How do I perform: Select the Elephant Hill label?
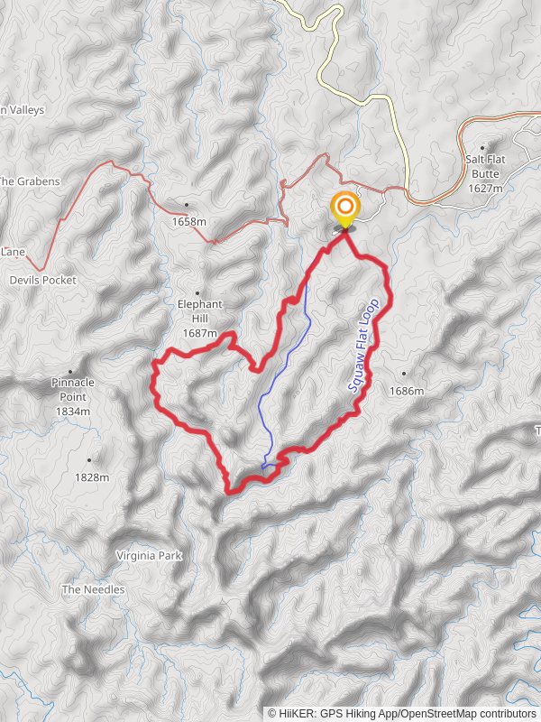199,311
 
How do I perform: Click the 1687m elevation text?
200,333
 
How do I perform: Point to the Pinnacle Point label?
72,389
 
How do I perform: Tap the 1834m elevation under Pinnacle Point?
73,411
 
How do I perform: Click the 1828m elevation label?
91,477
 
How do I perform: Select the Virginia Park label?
150,556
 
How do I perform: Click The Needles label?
93,589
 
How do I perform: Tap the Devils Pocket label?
42,280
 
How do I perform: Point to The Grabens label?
29,181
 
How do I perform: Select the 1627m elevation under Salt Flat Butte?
485,188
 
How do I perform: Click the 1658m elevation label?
188,221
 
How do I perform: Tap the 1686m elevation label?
406,391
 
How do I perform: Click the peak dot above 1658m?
187,205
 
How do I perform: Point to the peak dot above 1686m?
404,373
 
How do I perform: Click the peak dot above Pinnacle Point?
70,371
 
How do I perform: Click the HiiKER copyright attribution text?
402,713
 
